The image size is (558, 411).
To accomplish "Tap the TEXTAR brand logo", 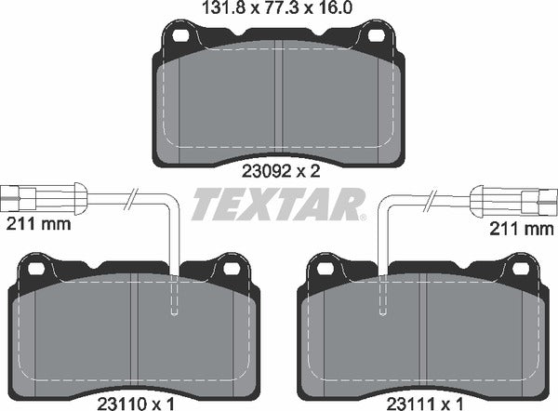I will tap(277, 203).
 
